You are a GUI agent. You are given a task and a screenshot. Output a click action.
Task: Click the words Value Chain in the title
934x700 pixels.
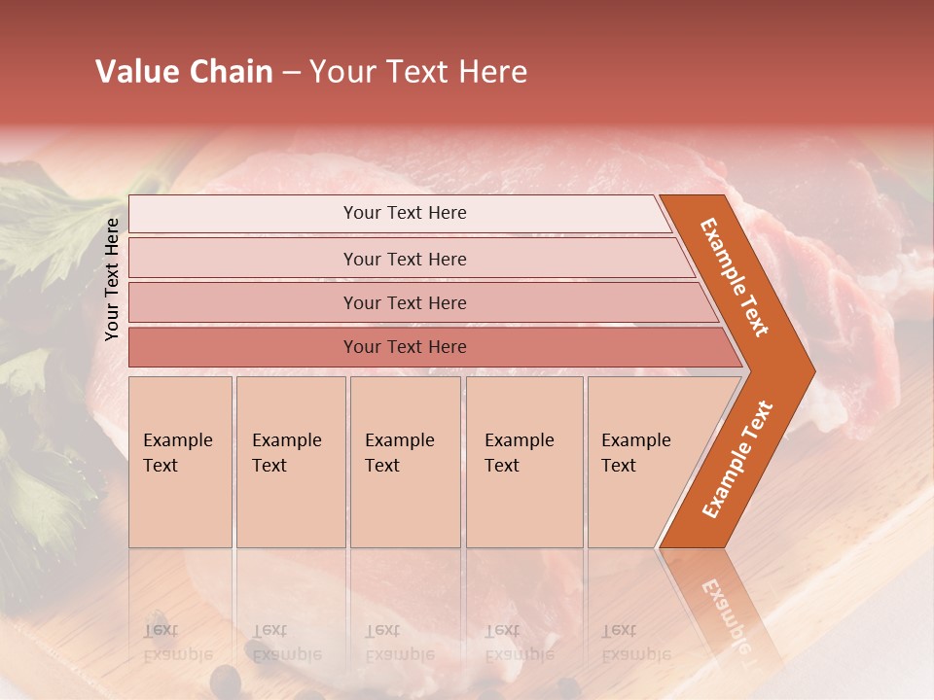tap(184, 72)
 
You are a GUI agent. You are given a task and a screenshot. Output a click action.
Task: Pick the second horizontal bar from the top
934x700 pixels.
tap(404, 259)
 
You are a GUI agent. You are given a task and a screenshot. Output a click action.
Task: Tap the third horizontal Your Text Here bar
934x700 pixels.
tap(404, 302)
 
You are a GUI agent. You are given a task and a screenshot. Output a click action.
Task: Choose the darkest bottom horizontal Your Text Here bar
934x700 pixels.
tap(404, 347)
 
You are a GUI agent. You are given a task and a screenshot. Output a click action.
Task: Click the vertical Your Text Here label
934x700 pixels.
tap(113, 279)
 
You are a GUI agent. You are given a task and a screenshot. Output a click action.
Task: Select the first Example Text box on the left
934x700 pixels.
tap(180, 461)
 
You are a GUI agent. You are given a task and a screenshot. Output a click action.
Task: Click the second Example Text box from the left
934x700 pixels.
tap(290, 461)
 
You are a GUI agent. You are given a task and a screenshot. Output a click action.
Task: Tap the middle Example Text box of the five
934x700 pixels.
tap(405, 461)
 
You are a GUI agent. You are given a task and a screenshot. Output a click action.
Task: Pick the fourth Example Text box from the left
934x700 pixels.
tap(523, 461)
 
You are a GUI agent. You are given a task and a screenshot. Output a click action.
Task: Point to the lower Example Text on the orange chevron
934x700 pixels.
tap(737, 459)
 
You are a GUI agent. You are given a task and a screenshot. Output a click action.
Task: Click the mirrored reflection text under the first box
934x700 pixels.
tap(177, 643)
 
